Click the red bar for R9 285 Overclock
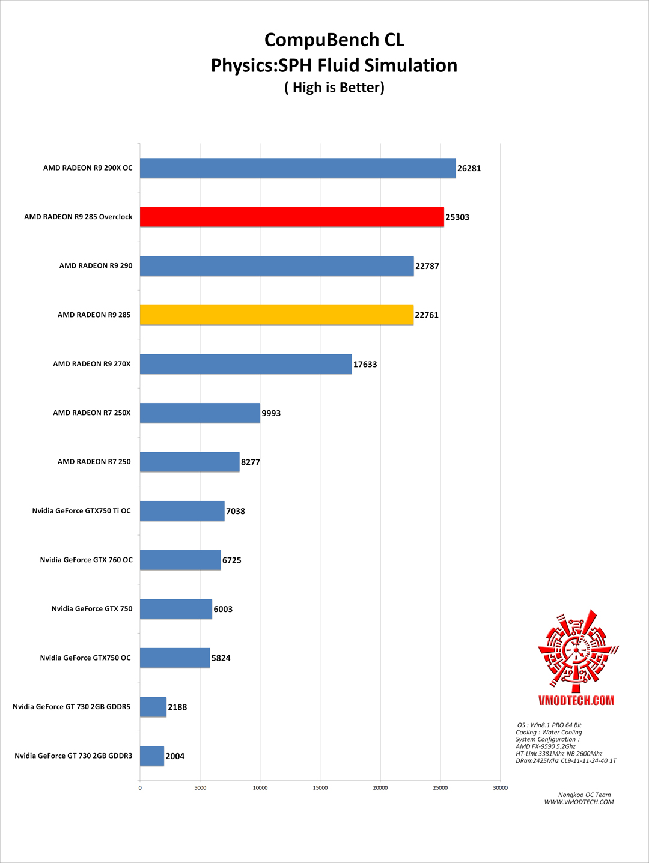tap(292, 217)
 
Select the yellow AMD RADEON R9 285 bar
tap(276, 315)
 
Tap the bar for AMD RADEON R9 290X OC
tap(297, 168)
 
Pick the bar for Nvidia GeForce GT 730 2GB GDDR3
tap(152, 756)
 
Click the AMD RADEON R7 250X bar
tap(200, 413)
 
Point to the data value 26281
tap(469, 168)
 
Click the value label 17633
tap(365, 364)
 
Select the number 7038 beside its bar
tap(235, 511)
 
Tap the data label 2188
tap(177, 707)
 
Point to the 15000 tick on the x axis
tap(320, 787)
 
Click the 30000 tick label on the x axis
tap(500, 787)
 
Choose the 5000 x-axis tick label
tap(200, 787)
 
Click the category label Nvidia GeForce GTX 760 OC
tap(86, 560)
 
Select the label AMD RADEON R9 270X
tap(91, 364)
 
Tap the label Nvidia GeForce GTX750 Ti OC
tap(81, 511)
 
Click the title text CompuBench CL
tap(334, 40)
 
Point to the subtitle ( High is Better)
tap(334, 88)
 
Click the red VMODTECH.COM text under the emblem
tap(576, 700)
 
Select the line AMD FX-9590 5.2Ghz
tap(545, 746)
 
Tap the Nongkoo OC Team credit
tap(584, 795)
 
